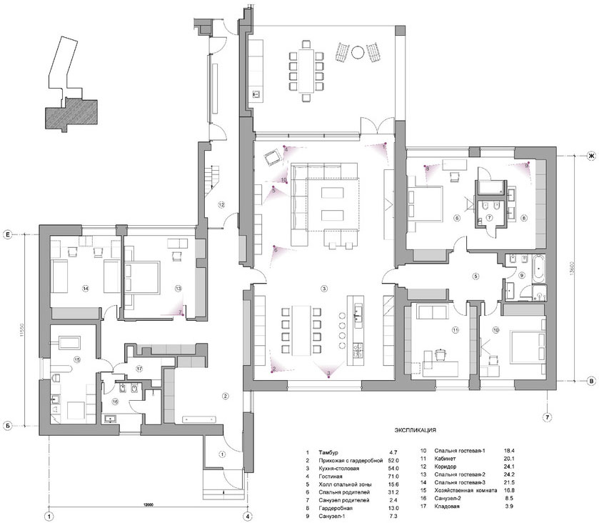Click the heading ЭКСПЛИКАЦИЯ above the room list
click(415, 432)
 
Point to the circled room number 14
click(85, 289)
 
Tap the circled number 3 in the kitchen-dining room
click(323, 289)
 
